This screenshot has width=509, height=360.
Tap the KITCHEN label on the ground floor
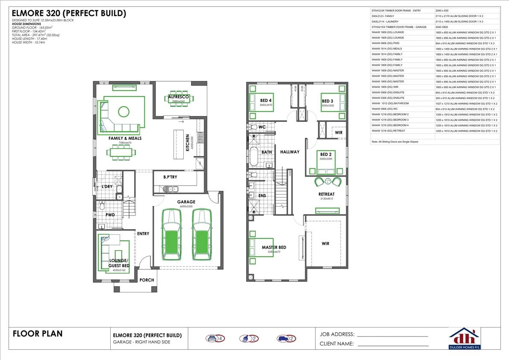(x=188, y=143)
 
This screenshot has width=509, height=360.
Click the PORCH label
(x=147, y=280)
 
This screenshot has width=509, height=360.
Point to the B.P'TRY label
(x=171, y=177)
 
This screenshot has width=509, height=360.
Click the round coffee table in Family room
(x=123, y=112)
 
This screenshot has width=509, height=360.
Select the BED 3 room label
(x=327, y=101)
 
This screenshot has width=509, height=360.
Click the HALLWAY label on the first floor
(x=290, y=152)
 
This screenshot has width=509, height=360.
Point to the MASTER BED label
(x=274, y=247)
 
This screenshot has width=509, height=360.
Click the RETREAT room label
(x=327, y=194)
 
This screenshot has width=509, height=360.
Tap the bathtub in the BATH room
(x=254, y=156)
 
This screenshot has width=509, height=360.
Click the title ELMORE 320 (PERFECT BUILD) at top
(x=69, y=13)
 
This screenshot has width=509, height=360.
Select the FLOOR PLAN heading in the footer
(x=38, y=333)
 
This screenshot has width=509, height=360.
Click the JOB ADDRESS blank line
(x=392, y=336)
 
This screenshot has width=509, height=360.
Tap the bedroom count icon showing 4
(x=215, y=339)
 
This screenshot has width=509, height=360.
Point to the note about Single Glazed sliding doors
(x=394, y=142)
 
